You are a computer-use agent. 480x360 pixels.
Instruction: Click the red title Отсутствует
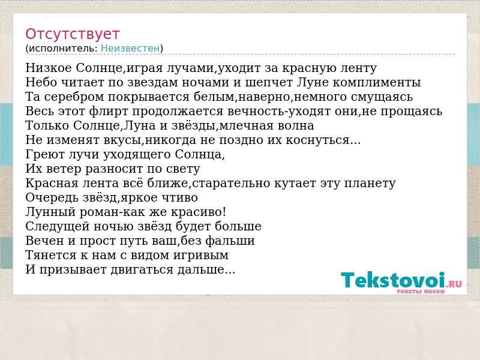click(72, 34)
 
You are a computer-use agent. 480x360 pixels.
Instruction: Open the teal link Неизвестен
click(130, 49)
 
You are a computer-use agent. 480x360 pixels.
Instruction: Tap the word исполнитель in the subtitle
click(64, 49)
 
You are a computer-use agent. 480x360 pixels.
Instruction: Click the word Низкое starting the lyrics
click(49, 68)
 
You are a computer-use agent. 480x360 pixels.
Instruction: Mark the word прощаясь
click(412, 111)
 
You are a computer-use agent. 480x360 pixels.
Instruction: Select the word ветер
click(64, 169)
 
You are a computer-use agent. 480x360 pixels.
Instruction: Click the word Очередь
click(52, 197)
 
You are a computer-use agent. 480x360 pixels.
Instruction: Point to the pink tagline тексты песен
click(421, 291)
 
